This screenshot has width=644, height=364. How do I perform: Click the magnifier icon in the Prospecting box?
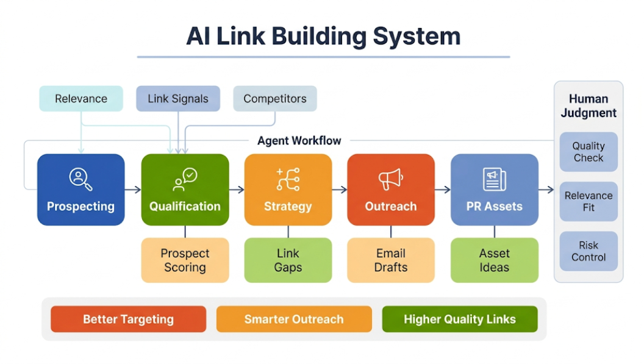coord(80,178)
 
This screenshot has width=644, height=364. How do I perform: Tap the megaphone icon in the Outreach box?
coord(390,179)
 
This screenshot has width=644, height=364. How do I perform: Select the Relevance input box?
coord(81,99)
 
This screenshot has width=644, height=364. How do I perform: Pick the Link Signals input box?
coord(178,99)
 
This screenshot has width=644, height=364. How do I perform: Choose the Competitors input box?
coord(275,99)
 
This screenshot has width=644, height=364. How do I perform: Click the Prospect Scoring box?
coord(185,260)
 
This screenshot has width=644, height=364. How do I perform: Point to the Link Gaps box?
coord(288,260)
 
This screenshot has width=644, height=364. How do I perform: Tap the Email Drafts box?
coord(391,260)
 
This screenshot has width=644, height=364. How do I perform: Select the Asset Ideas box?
coord(494,260)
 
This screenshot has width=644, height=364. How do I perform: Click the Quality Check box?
coord(589,152)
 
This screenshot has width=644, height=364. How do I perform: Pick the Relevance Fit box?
coord(589,202)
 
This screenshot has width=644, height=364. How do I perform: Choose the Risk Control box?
coord(589,251)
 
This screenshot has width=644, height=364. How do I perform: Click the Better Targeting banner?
coord(128,319)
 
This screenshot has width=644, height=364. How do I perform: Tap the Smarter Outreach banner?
coord(294,319)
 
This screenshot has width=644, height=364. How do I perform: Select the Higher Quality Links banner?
coord(460,319)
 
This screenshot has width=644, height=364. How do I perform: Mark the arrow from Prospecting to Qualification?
coord(133,190)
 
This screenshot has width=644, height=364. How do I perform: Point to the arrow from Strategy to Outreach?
coord(340,190)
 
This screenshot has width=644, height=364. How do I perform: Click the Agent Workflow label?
coord(299,141)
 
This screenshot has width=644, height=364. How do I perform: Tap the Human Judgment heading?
coord(589,105)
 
